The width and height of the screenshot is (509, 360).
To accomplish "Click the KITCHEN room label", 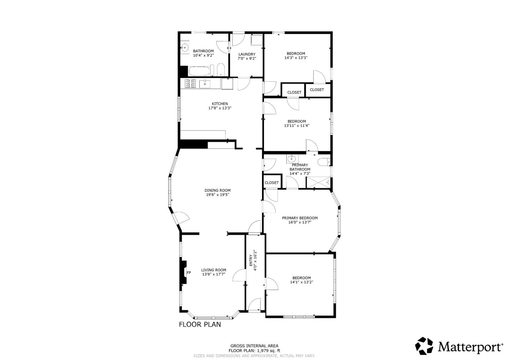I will pyautogui.click(x=220, y=104).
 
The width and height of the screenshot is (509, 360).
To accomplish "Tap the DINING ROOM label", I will pyautogui.click(x=217, y=190).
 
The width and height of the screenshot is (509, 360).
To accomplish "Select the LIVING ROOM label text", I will pyautogui.click(x=213, y=270).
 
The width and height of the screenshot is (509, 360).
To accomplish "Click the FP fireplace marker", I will pyautogui.click(x=189, y=273).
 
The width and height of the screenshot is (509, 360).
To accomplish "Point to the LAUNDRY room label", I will pyautogui.click(x=246, y=54).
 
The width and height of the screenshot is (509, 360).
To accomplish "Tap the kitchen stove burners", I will pyautogui.click(x=191, y=84).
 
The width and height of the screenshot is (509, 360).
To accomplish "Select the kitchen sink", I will pyautogui.click(x=205, y=84).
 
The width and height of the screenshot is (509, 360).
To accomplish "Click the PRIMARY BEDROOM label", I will pyautogui.click(x=299, y=218).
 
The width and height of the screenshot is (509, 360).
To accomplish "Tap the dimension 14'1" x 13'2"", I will pyautogui.click(x=302, y=282).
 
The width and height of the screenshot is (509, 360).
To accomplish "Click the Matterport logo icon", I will pyautogui.click(x=424, y=346).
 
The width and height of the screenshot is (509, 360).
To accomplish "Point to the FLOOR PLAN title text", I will pyautogui.click(x=200, y=324).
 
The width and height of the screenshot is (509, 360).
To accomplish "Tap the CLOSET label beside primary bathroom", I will pyautogui.click(x=271, y=183).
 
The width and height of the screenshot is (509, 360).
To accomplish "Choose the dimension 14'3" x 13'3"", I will pyautogui.click(x=296, y=58).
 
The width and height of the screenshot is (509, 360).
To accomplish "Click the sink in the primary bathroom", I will pyautogui.click(x=291, y=159).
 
